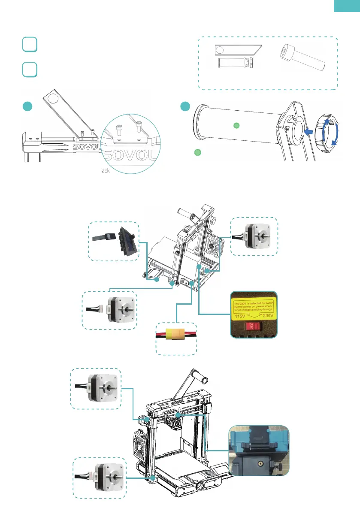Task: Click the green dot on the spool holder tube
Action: [236, 126]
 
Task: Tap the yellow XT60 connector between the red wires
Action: [175, 334]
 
